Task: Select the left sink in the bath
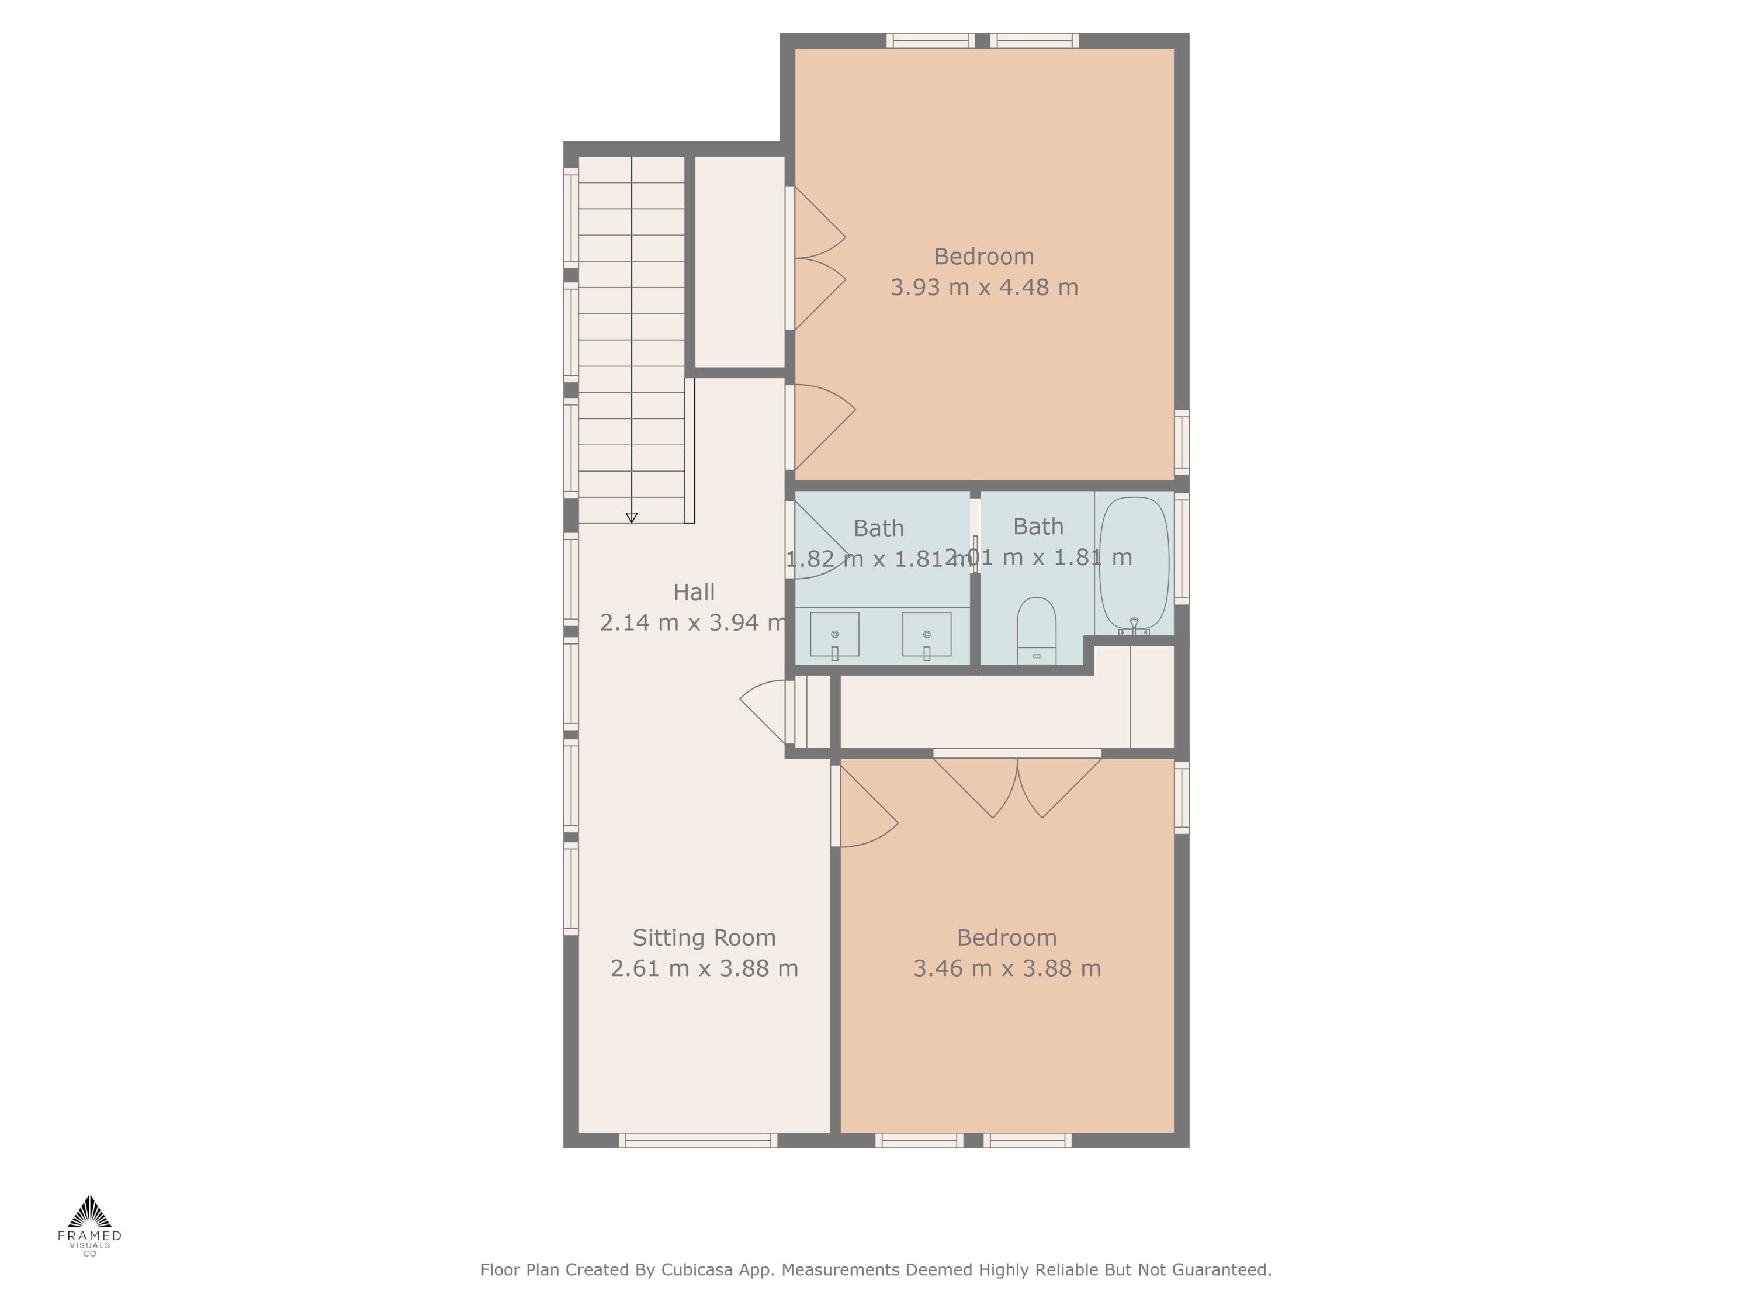834,634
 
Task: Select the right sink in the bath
926,634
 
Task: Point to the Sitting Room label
704,937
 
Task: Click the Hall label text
694,592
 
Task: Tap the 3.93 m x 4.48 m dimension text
983,287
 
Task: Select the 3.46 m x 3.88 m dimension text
1006,968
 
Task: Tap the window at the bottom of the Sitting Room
697,1141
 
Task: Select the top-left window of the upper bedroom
930,40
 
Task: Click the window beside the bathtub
1182,548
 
